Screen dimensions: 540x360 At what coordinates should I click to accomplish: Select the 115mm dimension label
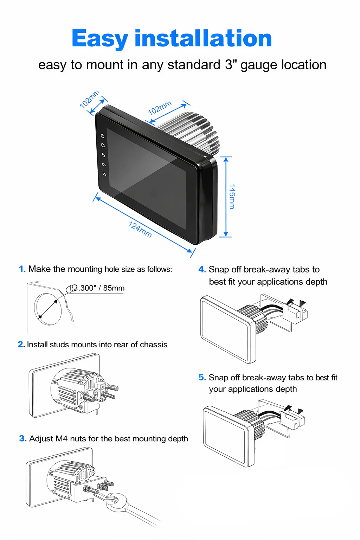click(232, 197)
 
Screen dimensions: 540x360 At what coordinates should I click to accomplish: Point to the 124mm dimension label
click(140, 230)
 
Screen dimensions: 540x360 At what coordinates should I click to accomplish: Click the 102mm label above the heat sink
click(160, 108)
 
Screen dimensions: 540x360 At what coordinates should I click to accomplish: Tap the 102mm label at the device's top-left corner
click(89, 99)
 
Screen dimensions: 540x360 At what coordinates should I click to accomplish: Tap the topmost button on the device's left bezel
click(103, 136)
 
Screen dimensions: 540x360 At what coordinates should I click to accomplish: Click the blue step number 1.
click(22, 269)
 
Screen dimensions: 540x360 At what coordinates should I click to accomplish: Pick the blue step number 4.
click(202, 270)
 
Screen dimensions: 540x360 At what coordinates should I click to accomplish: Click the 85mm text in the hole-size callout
click(114, 288)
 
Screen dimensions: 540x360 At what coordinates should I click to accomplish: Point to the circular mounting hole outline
click(48, 308)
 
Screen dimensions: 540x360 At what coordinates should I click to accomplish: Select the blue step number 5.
click(202, 378)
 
